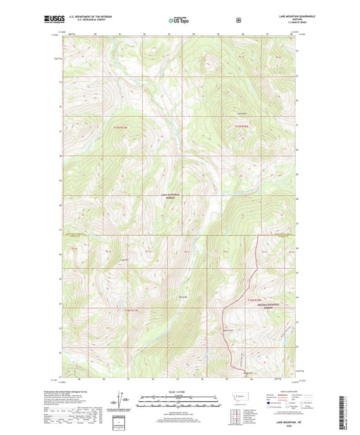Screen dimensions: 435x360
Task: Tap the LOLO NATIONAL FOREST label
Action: click(169, 197)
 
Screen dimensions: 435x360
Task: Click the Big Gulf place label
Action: click(181, 295)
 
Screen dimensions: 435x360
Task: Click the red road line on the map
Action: click(250, 277)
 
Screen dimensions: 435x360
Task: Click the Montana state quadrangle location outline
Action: click(244, 395)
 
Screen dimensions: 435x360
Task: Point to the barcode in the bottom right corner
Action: click(349, 412)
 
